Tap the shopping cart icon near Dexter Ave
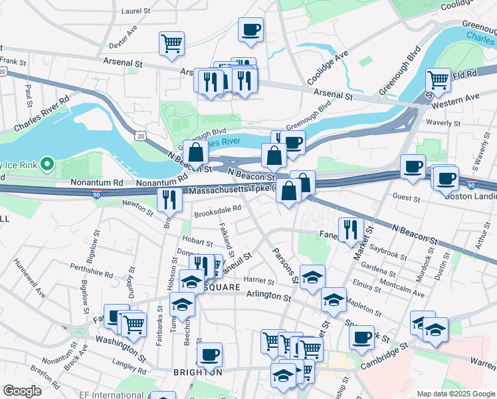pos(171,44)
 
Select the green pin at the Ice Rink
pos(46,163)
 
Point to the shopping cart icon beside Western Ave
pos(439,80)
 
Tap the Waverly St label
pos(443,123)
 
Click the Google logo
pos(22,391)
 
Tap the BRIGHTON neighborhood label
pos(197,372)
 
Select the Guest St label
pos(407,198)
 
